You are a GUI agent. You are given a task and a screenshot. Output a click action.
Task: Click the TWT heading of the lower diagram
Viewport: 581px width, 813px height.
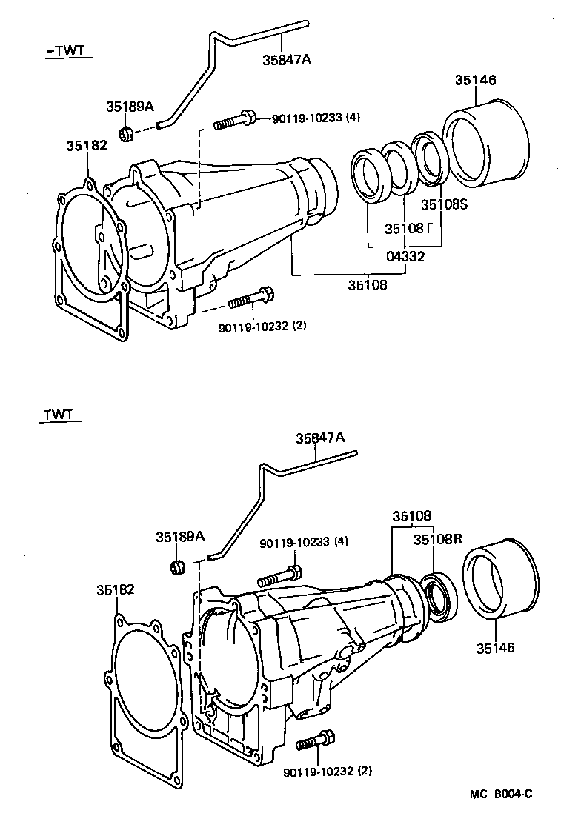tap(58, 414)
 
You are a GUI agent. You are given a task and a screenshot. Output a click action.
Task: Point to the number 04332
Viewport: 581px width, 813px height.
tap(405, 256)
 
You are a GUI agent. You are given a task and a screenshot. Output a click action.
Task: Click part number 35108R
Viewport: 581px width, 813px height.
tap(438, 539)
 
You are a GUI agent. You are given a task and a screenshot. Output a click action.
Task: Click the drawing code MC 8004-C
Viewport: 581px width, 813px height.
tap(500, 794)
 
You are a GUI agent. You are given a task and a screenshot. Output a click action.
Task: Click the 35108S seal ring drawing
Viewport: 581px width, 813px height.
tap(428, 158)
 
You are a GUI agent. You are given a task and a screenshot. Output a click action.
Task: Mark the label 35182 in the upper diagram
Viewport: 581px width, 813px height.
tap(87, 146)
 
